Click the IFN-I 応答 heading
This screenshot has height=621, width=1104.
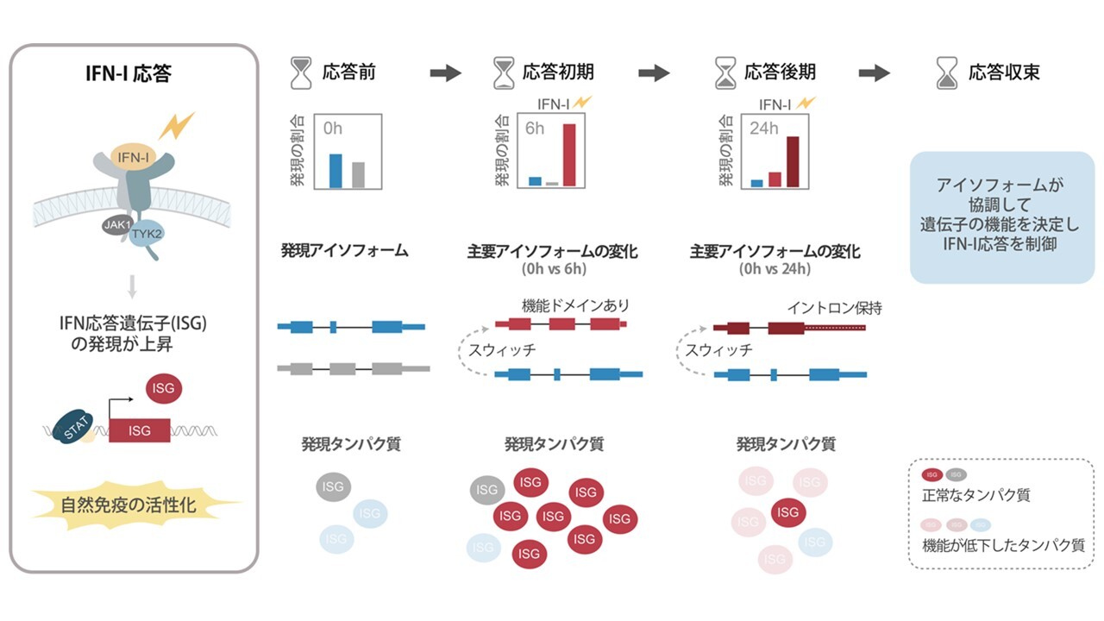click(134, 72)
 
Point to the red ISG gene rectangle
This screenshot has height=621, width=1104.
click(139, 430)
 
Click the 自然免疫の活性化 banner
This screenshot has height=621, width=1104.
click(135, 505)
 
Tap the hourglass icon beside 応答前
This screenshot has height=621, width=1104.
click(301, 72)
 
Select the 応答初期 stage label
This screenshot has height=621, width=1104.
click(557, 72)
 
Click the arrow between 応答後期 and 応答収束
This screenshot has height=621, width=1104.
click(875, 72)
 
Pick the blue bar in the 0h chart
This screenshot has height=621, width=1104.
click(336, 171)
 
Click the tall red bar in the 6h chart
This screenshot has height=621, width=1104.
click(569, 155)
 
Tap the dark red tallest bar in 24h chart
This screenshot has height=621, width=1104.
click(793, 161)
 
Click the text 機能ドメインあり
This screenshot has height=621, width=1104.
click(575, 305)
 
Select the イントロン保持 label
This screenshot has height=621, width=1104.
click(834, 307)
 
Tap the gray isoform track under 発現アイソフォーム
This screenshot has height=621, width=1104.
click(354, 368)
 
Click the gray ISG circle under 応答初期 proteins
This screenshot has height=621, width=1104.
click(487, 490)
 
